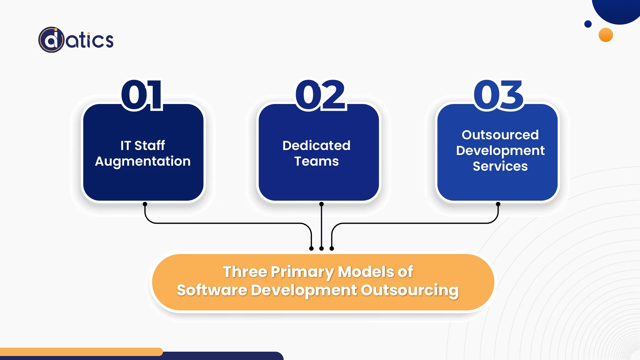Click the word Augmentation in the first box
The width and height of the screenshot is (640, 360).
pos(143,161)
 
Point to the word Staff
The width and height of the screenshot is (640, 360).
pos(149,146)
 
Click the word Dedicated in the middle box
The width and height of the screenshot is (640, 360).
pos(316,146)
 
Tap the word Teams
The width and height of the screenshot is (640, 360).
pos(316,161)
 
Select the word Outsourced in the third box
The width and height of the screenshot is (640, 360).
pos(500,135)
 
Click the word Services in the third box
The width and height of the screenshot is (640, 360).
pos(500,166)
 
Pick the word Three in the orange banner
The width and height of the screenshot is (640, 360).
pos(245,272)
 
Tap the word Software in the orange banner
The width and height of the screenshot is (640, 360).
pos(212,290)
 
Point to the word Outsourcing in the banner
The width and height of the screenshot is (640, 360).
pos(410,290)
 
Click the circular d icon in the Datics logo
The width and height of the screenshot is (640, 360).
pos(51,40)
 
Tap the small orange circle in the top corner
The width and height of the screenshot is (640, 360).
pos(606,35)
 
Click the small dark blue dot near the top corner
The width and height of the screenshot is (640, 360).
pos(588,24)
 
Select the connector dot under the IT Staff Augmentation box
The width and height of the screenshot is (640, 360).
pos(145,204)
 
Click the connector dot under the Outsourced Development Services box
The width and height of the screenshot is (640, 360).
pos(498,204)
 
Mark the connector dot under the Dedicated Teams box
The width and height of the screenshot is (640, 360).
pos(321,204)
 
